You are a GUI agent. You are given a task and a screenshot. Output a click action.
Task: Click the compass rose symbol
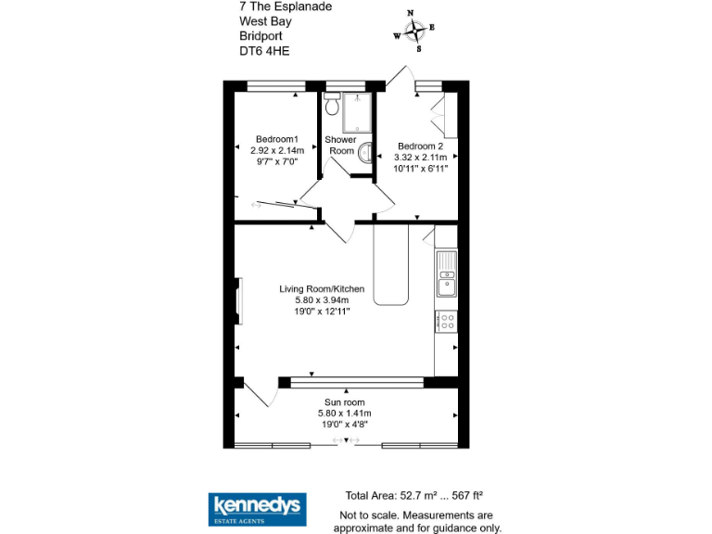[x=415, y=30]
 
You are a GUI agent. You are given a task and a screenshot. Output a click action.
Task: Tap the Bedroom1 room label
[x=276, y=139]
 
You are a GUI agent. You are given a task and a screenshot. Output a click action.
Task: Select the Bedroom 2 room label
[x=421, y=146]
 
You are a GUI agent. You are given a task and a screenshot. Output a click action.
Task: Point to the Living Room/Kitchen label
[x=322, y=289]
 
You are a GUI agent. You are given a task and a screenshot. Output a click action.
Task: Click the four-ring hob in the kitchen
[x=447, y=322]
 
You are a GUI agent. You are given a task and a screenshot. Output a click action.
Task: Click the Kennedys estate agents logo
[x=256, y=506]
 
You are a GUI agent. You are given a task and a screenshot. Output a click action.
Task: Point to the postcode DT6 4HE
[x=264, y=52]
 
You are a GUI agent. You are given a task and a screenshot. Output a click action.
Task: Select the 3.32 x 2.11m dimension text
[x=422, y=158]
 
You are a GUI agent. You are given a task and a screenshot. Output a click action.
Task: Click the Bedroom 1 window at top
[x=276, y=87]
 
